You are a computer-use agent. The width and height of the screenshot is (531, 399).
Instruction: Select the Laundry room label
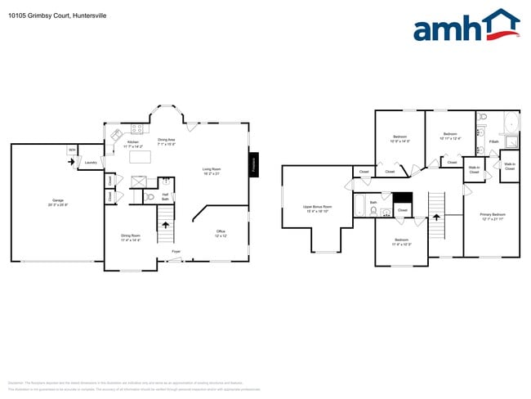pyautogui.click(x=91, y=162)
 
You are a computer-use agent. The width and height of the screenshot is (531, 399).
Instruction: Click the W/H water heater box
pyautogui.click(x=72, y=150)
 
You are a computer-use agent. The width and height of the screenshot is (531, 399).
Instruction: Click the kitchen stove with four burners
pyautogui.click(x=137, y=128)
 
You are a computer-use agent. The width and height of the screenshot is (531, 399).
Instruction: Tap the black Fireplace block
pyautogui.click(x=254, y=164)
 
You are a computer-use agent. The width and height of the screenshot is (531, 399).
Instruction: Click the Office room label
pyautogui.click(x=221, y=233)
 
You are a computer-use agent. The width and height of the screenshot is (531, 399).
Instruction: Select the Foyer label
pyautogui.click(x=176, y=251)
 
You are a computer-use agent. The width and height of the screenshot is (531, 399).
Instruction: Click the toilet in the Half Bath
pyautogui.click(x=150, y=197)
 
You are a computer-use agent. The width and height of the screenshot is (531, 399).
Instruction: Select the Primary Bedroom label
pyautogui.click(x=490, y=216)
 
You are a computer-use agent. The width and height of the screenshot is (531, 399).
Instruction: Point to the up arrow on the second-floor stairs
pyautogui.click(x=437, y=217)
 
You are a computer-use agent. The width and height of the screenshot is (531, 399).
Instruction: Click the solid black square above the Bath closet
pyautogui.click(x=402, y=197)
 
